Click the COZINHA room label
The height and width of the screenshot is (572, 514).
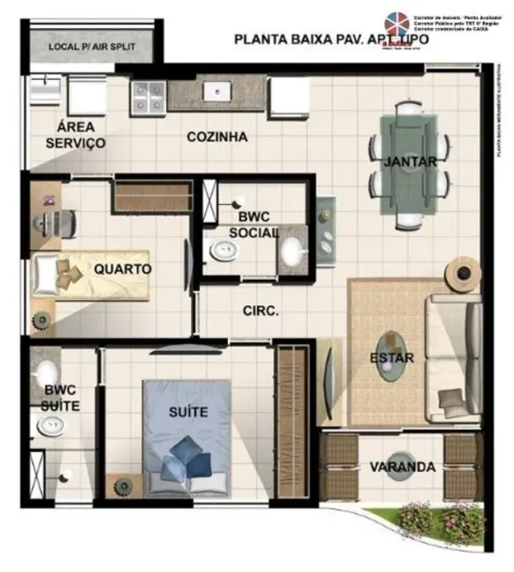click(x=217, y=136)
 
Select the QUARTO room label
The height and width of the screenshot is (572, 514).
click(x=122, y=268)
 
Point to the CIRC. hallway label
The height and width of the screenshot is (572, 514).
click(x=261, y=311)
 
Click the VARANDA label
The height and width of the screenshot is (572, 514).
click(x=402, y=466)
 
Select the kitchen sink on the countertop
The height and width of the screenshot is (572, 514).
click(x=214, y=91)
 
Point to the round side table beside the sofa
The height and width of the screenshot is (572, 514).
click(x=461, y=275)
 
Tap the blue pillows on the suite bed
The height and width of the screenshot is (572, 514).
click(x=185, y=458)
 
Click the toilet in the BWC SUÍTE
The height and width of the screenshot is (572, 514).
click(x=51, y=427)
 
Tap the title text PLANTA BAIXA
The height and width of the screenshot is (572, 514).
click(x=283, y=39)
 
